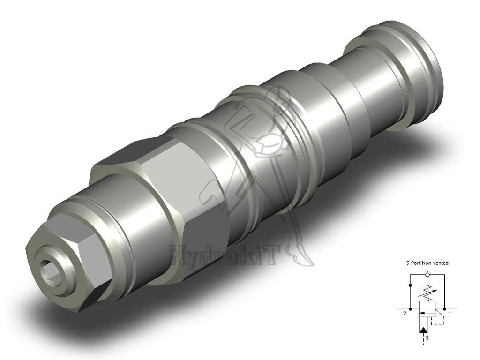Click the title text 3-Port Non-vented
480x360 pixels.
[427, 263]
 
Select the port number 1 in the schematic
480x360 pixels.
[450, 314]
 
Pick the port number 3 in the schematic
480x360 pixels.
[427, 337]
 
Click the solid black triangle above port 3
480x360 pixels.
[424, 330]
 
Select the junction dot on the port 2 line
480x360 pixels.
[411, 309]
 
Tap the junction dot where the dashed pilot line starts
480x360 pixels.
[411, 285]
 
